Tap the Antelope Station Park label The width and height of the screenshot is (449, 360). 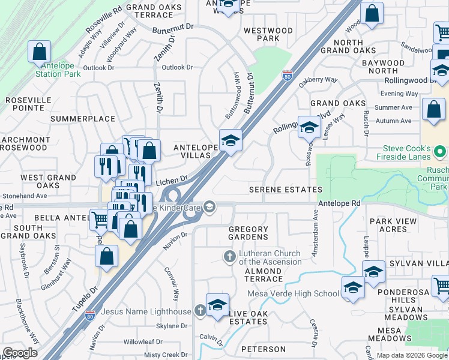[58, 74]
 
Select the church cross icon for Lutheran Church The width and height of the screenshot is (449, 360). [229, 257]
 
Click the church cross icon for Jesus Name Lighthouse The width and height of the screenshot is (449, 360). [200, 311]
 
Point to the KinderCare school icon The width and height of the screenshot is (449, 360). [209, 207]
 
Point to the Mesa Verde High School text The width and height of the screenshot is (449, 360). [293, 293]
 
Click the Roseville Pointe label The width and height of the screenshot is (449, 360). [25, 104]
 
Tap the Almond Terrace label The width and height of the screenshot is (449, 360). [264, 275]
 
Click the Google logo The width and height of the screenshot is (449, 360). [20, 353]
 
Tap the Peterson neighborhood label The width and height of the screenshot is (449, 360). [263, 349]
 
